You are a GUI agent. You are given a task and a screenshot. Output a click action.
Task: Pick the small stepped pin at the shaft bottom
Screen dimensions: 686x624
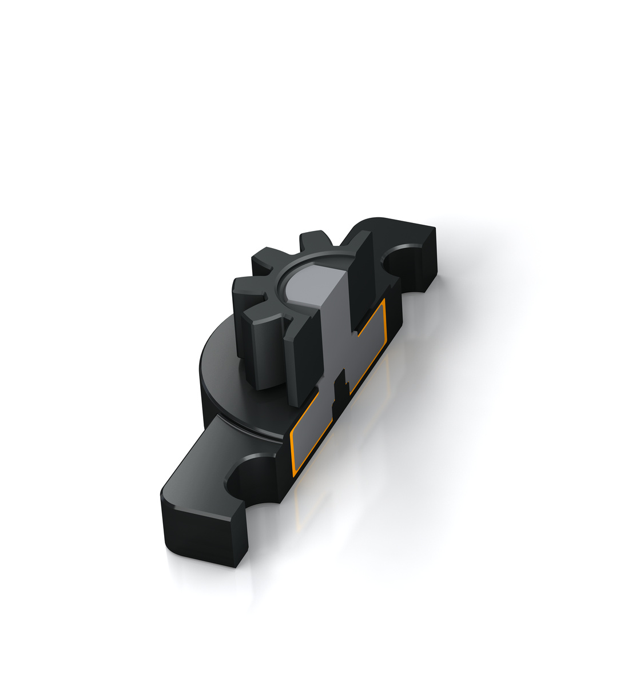pos(341,389)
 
